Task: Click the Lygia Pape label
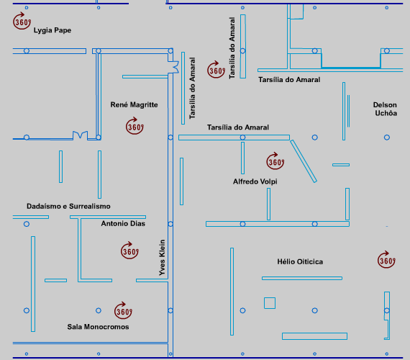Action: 53,30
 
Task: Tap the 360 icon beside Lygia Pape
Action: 22,21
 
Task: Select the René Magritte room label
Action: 134,104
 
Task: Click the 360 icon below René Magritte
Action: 135,126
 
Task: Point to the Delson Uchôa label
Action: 385,109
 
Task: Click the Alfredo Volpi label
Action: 255,181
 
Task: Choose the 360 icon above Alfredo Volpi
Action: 275,161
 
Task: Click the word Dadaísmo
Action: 44,207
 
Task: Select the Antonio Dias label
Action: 123,224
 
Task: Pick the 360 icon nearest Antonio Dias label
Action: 129,251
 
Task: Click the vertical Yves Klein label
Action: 162,258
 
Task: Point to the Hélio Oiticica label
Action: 300,262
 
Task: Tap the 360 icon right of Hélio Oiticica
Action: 386,260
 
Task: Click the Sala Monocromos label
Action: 98,327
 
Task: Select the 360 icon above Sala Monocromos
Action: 123,310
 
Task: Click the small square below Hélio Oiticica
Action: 270,297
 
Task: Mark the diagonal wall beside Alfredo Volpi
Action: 304,161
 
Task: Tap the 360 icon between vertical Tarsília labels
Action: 217,70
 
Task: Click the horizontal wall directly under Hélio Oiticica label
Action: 302,279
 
